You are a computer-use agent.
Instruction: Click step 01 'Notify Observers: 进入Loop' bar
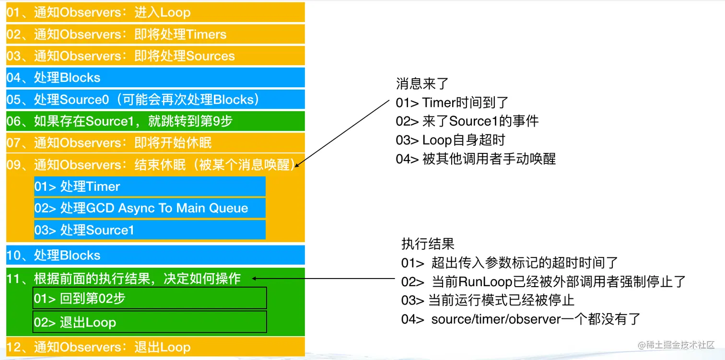[155, 12]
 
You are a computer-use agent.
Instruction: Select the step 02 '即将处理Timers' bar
[155, 34]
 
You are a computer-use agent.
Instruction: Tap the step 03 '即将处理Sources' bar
[155, 56]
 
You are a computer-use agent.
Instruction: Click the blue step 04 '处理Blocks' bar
[155, 77]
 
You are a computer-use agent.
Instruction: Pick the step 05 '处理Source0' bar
[155, 99]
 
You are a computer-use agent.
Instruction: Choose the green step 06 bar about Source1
[155, 121]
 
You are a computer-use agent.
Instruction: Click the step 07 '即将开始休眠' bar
[155, 143]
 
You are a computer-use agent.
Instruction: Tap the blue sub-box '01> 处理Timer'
[150, 186]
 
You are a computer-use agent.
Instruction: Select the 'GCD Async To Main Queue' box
[150, 208]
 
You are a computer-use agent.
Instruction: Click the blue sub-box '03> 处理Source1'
[150, 230]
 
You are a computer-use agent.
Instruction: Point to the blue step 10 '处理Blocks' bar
[155, 255]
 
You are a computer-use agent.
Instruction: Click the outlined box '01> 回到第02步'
[150, 298]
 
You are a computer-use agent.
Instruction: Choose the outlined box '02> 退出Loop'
[150, 322]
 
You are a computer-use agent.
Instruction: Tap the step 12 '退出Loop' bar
[155, 347]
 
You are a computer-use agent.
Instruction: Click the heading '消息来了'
[422, 84]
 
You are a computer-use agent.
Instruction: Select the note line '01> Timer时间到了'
[452, 102]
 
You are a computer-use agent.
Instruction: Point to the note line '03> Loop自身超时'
[450, 140]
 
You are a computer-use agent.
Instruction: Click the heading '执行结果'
[428, 244]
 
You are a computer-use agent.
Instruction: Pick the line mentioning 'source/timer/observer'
[521, 319]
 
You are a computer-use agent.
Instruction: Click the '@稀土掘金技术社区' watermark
[676, 345]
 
